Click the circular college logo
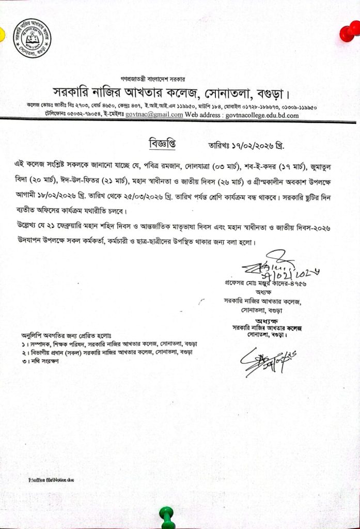(32, 38)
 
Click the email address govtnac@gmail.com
(154, 115)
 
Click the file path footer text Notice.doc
(52, 480)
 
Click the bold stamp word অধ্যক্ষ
(267, 321)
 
